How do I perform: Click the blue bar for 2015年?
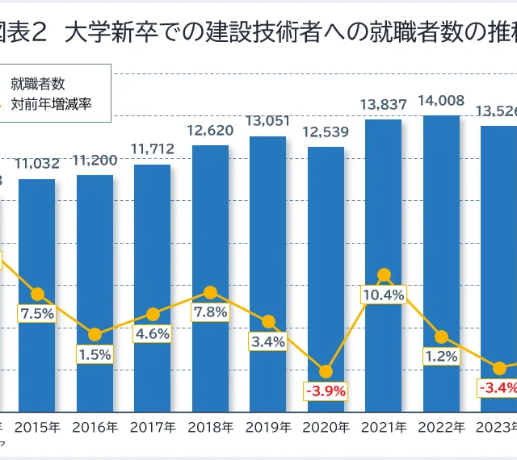[x=37, y=242]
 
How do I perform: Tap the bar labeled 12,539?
[x=326, y=242]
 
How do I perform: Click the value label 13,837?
[x=384, y=105]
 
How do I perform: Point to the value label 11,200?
[x=95, y=161]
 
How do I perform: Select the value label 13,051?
[x=268, y=121]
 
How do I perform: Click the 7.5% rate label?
[x=37, y=314]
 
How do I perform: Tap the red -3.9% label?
[x=326, y=391]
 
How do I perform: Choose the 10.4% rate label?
[x=384, y=295]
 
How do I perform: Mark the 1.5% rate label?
[x=95, y=354]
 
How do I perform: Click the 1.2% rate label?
[x=441, y=356]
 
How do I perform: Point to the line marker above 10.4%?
[x=384, y=275]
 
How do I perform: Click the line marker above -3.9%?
[x=326, y=371]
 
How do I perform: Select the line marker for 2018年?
[x=210, y=292]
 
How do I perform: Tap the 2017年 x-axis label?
[x=153, y=426]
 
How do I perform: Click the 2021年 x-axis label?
[x=384, y=426]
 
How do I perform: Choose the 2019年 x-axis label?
[x=268, y=426]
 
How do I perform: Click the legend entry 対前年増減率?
[x=57, y=104]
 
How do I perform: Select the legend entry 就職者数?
[x=44, y=82]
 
